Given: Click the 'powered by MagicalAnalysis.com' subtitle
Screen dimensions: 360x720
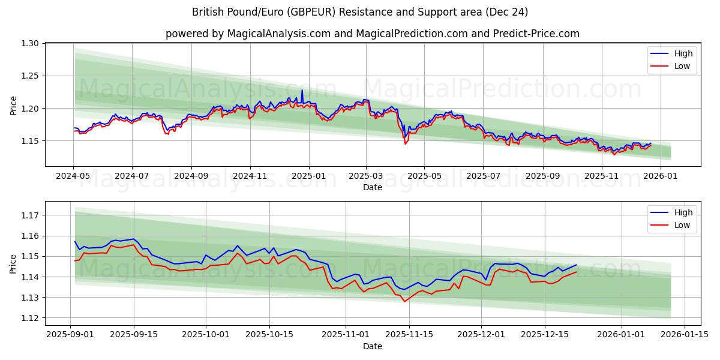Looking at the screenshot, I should [x=372, y=34].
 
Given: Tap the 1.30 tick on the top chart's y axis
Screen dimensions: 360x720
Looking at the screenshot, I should [x=31, y=43].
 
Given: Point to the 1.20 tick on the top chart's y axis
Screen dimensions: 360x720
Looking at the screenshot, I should [x=31, y=109].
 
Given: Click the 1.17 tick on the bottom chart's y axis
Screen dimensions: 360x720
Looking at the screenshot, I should [x=31, y=215].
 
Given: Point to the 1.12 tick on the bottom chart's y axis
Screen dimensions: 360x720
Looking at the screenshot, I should [x=31, y=318].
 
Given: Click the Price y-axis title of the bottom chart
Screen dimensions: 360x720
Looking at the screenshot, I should [x=13, y=263].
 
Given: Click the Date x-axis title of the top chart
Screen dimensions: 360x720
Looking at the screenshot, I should [x=372, y=187].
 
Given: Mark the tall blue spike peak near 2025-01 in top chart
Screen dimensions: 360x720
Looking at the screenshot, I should [x=302, y=91].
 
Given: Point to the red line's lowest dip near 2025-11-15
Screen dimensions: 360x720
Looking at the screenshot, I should [x=404, y=301].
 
